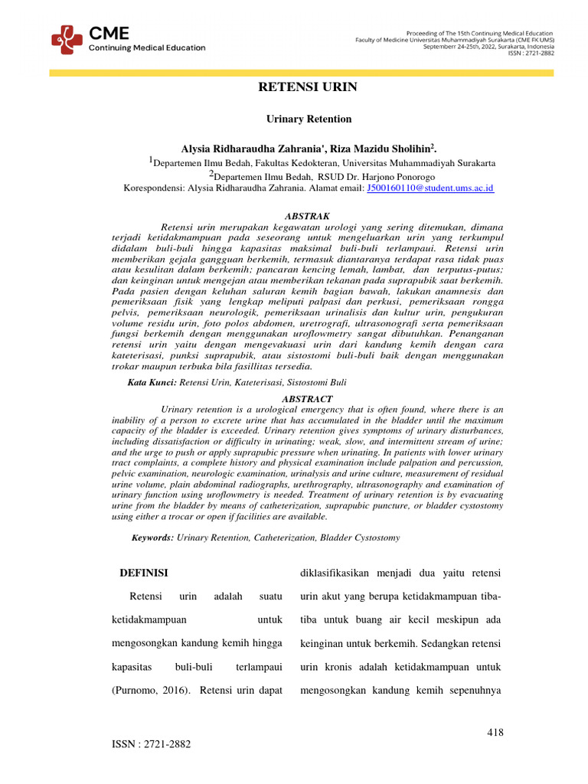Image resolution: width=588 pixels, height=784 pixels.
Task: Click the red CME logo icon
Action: click(67, 39)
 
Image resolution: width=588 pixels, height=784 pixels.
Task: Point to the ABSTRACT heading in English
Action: click(308, 399)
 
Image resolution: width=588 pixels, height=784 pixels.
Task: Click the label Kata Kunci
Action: click(152, 381)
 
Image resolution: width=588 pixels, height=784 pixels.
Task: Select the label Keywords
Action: click(152, 538)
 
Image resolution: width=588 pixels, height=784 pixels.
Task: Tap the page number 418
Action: click(495, 733)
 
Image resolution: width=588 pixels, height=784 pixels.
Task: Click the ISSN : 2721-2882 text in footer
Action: click(151, 744)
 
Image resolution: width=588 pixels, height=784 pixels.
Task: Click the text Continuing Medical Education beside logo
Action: click(147, 47)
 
